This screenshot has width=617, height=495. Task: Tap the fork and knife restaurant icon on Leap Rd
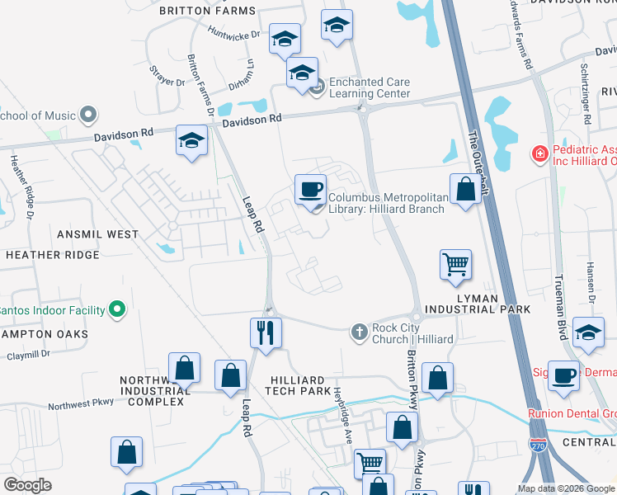coord(266,333)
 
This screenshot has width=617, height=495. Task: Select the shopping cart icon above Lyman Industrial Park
coord(455,265)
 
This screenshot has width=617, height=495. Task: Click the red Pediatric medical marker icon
coord(539,153)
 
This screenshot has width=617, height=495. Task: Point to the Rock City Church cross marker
coord(359,332)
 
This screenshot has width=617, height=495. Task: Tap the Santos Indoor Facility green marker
coord(117,310)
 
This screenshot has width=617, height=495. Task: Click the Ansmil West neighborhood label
coord(98,234)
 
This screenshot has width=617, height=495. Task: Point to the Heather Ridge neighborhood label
coord(53,255)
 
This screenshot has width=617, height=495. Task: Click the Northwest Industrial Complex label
coord(151,391)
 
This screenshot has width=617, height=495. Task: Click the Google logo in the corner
coord(27,486)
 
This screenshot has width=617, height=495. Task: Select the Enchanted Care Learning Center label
coord(369,87)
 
